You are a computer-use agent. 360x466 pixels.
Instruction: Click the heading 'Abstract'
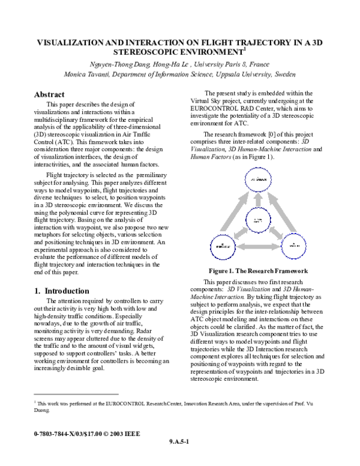pos(49,95)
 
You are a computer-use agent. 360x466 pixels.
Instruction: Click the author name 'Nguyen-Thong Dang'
pos(113,64)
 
